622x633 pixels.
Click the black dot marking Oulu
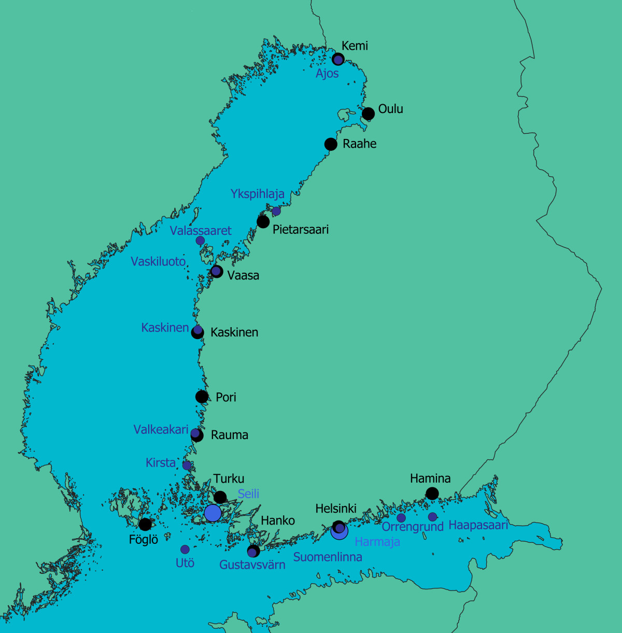368,114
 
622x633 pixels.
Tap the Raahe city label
359,144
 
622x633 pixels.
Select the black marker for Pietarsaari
263,222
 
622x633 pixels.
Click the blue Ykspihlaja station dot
276,211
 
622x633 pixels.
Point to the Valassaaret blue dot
200,241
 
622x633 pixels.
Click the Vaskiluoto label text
158,261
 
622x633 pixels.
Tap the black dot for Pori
202,397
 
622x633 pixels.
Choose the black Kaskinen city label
234,332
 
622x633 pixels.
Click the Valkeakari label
161,429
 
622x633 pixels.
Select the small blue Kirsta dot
187,466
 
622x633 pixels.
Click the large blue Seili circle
213,513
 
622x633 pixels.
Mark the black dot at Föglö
146,524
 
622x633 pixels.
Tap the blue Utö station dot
185,550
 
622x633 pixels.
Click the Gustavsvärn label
252,565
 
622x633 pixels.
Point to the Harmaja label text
377,542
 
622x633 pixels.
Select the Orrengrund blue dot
401,518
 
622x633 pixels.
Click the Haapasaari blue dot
432,517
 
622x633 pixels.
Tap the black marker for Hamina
432,494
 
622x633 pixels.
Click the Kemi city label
355,46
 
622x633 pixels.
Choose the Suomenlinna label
328,557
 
